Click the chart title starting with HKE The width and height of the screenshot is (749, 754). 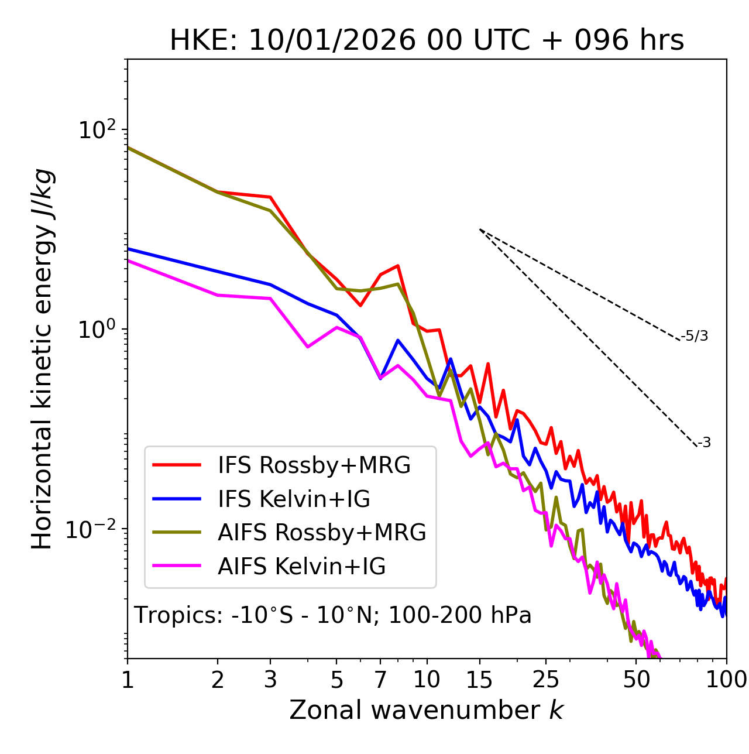[427, 41]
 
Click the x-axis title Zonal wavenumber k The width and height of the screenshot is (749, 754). [426, 710]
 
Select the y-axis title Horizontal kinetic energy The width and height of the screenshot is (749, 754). [42, 359]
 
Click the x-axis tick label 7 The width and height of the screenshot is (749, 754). [380, 680]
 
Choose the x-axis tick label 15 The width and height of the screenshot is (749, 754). [479, 680]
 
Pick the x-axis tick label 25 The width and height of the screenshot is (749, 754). [546, 680]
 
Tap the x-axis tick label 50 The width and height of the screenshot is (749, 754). [636, 680]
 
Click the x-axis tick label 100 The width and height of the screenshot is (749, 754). [726, 680]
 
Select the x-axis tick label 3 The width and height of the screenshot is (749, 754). [270, 680]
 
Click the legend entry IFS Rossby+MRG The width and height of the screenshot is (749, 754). [314, 465]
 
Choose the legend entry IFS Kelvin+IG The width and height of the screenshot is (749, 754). [294, 499]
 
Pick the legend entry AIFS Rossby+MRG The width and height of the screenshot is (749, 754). [322, 533]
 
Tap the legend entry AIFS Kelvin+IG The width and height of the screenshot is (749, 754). [301, 567]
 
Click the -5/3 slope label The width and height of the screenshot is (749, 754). [695, 336]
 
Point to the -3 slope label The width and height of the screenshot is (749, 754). [704, 443]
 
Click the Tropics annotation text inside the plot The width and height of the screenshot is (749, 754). [332, 615]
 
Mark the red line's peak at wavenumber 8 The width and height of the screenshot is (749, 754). [398, 265]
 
